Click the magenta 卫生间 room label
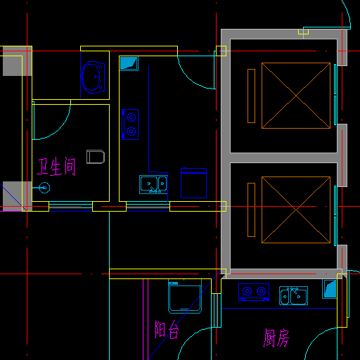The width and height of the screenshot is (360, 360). coord(56,167)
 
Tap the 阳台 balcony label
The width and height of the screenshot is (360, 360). coord(167,330)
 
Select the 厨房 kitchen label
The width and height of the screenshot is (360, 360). coord(276,338)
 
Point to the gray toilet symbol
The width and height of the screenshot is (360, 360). coord(96,157)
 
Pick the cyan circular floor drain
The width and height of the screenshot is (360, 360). coord(44,188)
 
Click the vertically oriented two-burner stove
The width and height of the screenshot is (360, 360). coord(130,124)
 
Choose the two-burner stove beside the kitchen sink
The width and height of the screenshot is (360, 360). coord(254,292)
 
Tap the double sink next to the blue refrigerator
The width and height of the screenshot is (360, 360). coord(153,184)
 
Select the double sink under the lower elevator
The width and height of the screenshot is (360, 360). coord(293,296)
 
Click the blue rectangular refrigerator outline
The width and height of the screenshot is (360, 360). coord(193,183)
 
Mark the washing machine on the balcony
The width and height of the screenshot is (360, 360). coord(185,296)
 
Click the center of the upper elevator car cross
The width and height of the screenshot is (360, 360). coord(296,96)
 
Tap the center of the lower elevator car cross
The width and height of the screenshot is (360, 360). coord(296,210)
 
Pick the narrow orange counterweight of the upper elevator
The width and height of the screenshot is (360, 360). coord(251,96)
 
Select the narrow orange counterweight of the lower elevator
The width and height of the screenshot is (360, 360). coord(251,210)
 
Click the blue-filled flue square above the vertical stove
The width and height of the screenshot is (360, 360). coord(129,63)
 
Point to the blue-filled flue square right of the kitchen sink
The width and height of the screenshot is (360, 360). coord(330,289)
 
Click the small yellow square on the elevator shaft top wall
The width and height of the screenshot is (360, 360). coord(303,32)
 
